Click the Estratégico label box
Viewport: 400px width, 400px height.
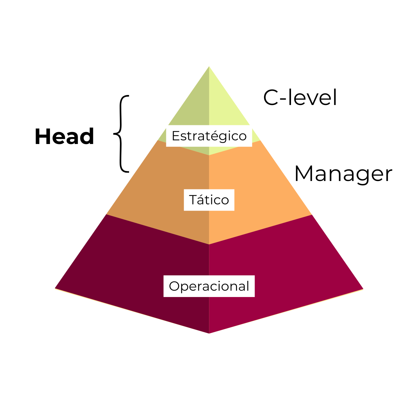click(x=209, y=136)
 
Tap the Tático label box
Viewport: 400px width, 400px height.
click(x=209, y=200)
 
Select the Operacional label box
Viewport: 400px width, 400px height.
click(x=209, y=286)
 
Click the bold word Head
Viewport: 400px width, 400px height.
click(x=64, y=137)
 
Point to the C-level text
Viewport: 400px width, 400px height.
click(x=300, y=98)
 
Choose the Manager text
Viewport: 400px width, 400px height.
click(x=343, y=174)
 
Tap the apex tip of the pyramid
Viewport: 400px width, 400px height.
click(x=209, y=67)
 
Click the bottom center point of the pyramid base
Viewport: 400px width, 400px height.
click(x=209, y=332)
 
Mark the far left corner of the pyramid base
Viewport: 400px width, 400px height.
click(x=56, y=288)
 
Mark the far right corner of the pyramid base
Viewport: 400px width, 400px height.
click(x=362, y=289)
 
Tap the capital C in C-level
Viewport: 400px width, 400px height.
click(x=270, y=98)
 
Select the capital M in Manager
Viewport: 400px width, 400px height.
click(x=303, y=174)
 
